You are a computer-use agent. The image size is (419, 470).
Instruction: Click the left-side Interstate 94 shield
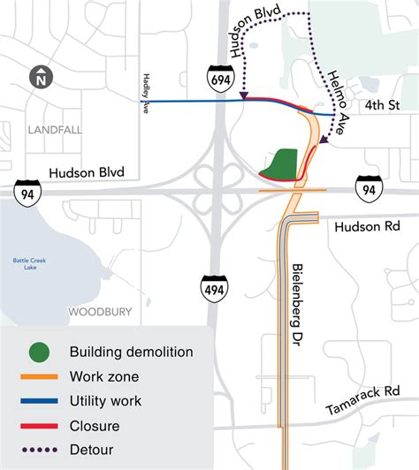(x=25, y=188)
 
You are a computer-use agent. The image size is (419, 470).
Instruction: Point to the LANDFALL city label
(x=54, y=130)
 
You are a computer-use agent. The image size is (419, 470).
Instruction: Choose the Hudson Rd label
(x=368, y=227)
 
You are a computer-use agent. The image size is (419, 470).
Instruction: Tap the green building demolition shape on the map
(x=280, y=164)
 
